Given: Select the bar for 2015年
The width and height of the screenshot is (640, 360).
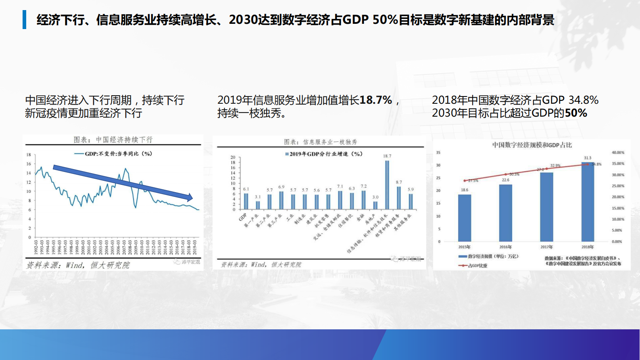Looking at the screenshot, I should click(465, 218).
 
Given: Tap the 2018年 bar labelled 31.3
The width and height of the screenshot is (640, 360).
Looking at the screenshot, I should click(588, 202).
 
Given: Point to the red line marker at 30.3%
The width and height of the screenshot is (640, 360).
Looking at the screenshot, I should click(506, 174).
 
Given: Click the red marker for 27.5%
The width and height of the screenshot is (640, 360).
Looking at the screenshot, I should click(465, 180).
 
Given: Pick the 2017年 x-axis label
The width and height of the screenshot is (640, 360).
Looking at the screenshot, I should click(546, 247).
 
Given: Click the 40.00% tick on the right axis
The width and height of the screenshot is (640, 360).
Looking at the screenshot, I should click(617, 153).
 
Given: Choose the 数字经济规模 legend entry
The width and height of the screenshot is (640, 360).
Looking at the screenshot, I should click(488, 256).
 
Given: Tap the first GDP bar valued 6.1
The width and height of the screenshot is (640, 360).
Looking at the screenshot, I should click(246, 201).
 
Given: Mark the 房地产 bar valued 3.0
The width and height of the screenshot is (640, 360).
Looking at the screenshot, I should click(375, 205).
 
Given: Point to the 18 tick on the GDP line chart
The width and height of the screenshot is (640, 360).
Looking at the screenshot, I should click(29, 155).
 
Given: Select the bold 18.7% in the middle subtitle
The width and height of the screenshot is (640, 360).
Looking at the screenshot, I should click(375, 100).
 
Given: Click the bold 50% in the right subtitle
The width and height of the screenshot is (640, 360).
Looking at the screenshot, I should click(576, 113).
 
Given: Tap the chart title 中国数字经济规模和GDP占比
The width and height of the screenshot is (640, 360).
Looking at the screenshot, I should click(532, 145).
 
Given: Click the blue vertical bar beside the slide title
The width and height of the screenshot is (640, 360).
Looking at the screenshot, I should click(25, 19).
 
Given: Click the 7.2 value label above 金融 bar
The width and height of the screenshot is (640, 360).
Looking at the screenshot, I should click(364, 186).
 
